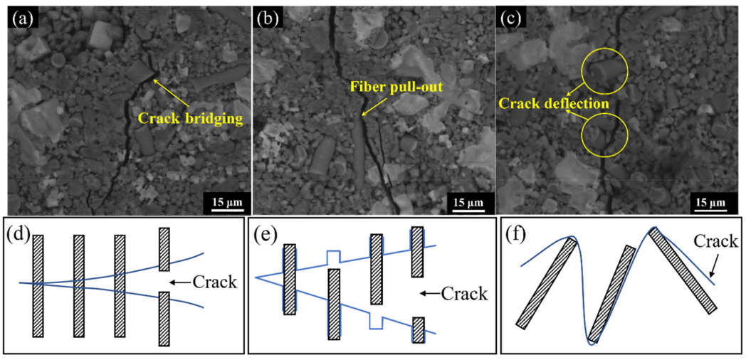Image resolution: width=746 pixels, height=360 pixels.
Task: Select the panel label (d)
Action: (x=19, y=234)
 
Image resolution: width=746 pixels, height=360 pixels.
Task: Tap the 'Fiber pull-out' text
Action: (x=396, y=87)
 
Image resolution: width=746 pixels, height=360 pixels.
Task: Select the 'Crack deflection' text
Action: (x=555, y=104)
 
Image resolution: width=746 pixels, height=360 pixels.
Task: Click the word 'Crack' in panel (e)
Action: (x=464, y=292)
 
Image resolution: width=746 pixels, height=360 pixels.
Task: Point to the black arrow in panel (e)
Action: (x=430, y=292)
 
